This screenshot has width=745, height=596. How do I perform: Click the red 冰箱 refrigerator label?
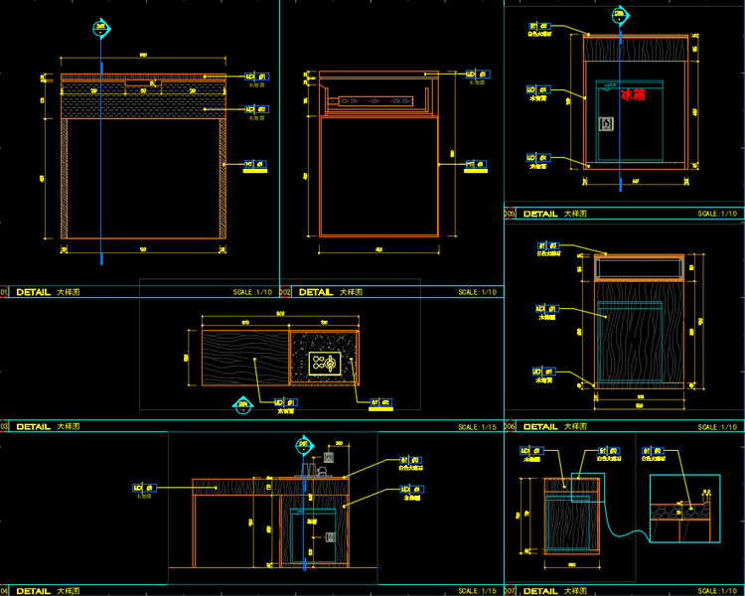coord(633,95)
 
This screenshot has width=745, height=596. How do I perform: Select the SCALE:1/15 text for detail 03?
coord(478,426)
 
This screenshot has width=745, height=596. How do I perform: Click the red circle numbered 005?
coord(510,214)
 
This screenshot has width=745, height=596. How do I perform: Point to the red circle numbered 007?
coord(510,590)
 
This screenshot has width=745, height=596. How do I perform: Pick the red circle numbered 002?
coord(285,293)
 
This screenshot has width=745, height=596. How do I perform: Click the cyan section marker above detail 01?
coord(100,28)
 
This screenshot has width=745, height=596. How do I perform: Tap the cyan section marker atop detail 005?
coord(621,15)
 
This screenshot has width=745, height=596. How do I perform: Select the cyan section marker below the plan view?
coord(242,404)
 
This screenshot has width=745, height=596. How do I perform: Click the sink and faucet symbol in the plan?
coord(325,364)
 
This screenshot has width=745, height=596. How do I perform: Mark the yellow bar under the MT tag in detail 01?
coord(255,171)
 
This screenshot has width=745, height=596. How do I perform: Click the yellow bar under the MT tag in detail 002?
coord(478,171)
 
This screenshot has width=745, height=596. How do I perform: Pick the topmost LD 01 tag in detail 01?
coord(255,74)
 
